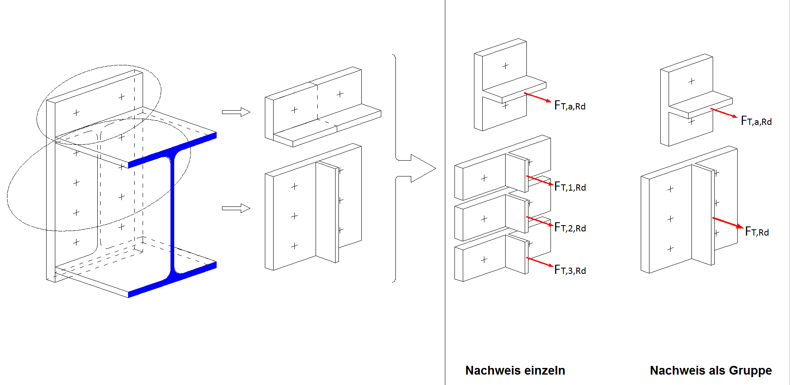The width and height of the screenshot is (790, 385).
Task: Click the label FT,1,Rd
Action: tap(570, 187)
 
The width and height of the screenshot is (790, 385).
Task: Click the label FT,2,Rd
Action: tap(570, 228)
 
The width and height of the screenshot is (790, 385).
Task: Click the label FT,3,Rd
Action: tap(570, 270)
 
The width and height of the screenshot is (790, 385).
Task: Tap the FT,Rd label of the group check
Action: tap(757, 231)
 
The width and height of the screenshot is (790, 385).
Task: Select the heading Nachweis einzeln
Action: tap(515, 370)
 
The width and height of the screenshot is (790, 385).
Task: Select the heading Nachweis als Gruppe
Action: tap(711, 370)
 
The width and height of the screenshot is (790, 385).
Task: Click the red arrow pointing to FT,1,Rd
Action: tap(539, 181)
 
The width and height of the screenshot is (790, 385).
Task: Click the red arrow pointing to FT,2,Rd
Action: tap(539, 221)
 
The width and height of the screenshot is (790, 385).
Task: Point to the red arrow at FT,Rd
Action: tap(728, 223)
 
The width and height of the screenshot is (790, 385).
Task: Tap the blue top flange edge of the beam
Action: tap(173, 150)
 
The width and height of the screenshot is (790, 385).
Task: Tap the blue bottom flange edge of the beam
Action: tap(173, 280)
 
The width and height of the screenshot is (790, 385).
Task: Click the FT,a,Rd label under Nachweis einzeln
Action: tap(570, 106)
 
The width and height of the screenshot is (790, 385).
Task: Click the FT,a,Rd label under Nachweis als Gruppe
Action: tap(756, 121)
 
